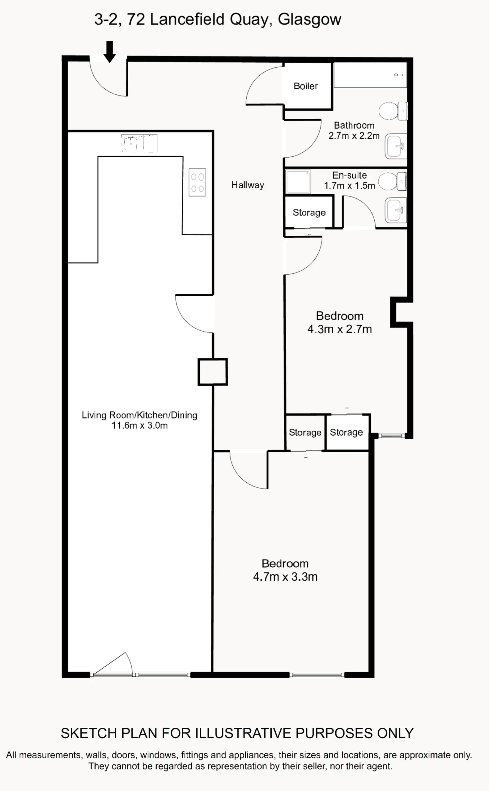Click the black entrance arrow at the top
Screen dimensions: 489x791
click(110, 52)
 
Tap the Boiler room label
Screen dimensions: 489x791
click(306, 86)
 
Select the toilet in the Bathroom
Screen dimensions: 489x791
click(393, 111)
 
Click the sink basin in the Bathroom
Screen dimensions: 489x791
click(396, 146)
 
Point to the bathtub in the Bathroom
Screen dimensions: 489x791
click(370, 75)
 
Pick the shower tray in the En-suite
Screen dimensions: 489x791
click(298, 182)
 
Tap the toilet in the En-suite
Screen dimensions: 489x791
click(392, 181)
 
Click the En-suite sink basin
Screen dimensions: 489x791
click(396, 210)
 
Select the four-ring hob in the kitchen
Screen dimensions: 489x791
click(197, 182)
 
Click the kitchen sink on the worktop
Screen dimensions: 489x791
click(139, 143)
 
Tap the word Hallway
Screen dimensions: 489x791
click(248, 185)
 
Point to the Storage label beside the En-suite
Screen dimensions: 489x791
click(309, 212)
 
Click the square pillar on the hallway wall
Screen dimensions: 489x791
click(213, 372)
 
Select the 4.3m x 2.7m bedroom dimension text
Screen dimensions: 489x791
click(340, 329)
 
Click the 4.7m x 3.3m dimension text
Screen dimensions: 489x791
click(285, 577)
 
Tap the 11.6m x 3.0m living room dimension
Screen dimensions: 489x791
click(140, 425)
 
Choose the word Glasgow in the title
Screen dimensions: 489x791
click(309, 19)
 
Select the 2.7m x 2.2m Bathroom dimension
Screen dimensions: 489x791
click(354, 136)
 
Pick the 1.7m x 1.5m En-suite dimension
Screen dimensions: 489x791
click(350, 186)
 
